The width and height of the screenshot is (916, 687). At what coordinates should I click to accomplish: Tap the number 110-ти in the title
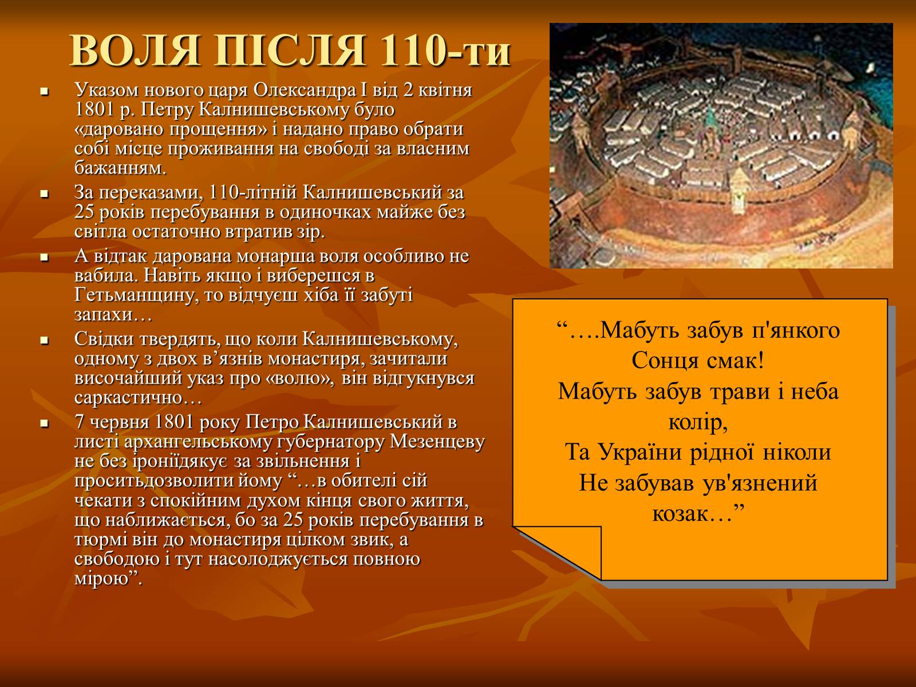pyautogui.click(x=445, y=51)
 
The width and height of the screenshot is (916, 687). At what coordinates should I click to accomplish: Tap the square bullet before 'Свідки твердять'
pyautogui.click(x=44, y=341)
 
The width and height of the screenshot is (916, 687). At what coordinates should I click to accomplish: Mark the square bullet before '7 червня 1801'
pyautogui.click(x=44, y=424)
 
